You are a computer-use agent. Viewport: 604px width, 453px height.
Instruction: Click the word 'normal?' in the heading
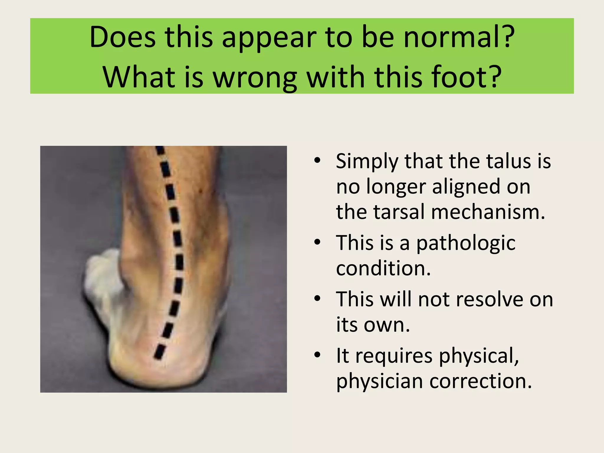(x=459, y=37)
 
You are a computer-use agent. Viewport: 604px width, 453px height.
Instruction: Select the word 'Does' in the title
(x=122, y=37)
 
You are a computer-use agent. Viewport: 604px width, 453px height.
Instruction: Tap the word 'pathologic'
(x=466, y=244)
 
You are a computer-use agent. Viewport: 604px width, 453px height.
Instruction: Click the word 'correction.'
(x=480, y=381)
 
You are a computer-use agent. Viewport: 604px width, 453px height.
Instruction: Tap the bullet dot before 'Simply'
(x=317, y=161)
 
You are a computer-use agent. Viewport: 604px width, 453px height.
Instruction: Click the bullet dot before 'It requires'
(x=317, y=355)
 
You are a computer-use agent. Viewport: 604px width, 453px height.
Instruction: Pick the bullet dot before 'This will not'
(x=317, y=298)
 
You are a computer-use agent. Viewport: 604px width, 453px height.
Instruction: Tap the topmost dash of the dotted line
(x=160, y=150)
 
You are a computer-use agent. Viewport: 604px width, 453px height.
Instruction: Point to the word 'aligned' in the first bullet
(x=481, y=187)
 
